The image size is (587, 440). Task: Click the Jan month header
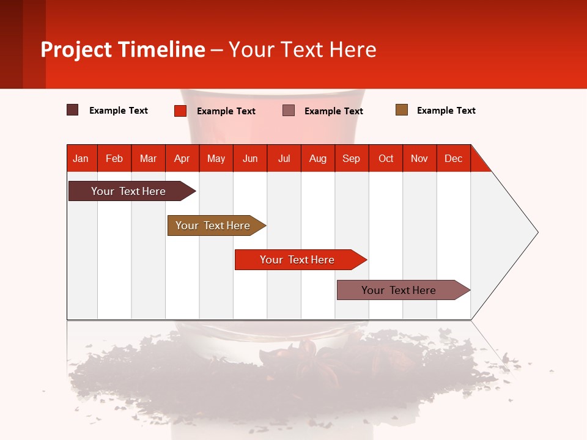(81, 158)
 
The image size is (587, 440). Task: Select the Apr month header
(182, 158)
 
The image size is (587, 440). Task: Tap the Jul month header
(284, 158)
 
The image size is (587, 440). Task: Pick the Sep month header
(351, 158)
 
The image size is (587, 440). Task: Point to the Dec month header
(453, 158)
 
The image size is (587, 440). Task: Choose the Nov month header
(419, 158)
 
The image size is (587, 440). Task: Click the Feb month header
(114, 158)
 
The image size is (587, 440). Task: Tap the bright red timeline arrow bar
(298, 260)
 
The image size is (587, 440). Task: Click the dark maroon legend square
(73, 110)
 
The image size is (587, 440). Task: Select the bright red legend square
(180, 111)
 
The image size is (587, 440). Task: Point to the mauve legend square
(289, 110)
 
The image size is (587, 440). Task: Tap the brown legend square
(402, 110)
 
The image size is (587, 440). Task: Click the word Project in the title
(76, 50)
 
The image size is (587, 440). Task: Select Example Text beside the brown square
(446, 111)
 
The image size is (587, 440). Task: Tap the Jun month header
(250, 158)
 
